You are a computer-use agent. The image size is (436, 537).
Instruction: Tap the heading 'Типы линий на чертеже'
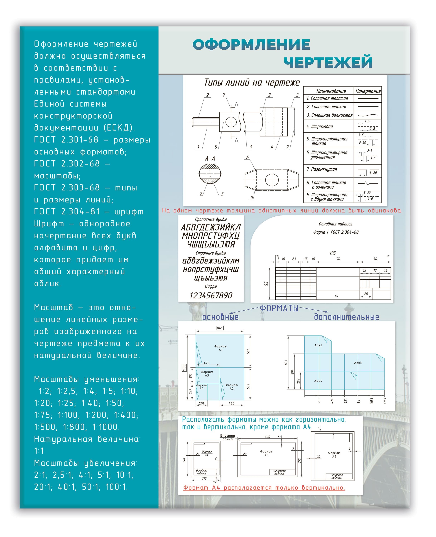[x=252, y=83]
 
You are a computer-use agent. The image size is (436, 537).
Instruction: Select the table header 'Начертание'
[x=368, y=91]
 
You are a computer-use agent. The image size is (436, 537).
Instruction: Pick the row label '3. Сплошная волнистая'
[x=329, y=115]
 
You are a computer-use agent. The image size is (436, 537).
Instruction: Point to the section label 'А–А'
[x=210, y=158]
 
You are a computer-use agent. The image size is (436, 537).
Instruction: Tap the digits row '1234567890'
[x=211, y=295]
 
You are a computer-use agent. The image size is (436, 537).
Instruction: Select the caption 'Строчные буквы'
[x=211, y=253]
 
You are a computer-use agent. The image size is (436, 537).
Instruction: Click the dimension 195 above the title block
[x=332, y=253]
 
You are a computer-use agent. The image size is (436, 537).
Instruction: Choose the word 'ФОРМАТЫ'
[x=279, y=308]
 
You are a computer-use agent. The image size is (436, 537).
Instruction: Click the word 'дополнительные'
[x=346, y=317]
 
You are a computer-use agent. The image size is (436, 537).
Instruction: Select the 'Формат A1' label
[x=220, y=348]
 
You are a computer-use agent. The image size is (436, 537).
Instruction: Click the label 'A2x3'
[x=358, y=363]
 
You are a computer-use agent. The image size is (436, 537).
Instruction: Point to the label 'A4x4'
[x=318, y=381]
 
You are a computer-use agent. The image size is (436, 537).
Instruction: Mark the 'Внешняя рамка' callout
[x=227, y=437]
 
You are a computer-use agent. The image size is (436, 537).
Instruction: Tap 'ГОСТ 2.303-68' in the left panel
[x=67, y=188]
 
